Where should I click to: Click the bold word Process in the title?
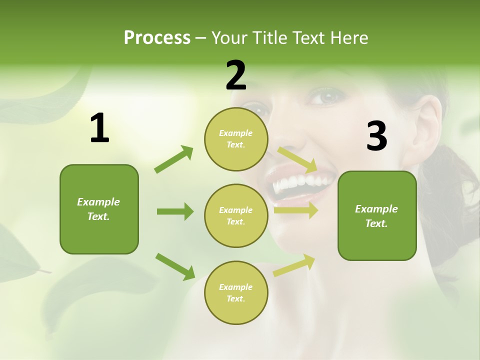(157, 37)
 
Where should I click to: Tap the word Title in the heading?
(269, 37)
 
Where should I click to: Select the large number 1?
(99, 128)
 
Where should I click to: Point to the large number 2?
(236, 75)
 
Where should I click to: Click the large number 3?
(376, 136)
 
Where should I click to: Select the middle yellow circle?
(236, 216)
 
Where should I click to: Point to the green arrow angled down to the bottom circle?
(175, 266)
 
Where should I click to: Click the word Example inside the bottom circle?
(235, 287)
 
